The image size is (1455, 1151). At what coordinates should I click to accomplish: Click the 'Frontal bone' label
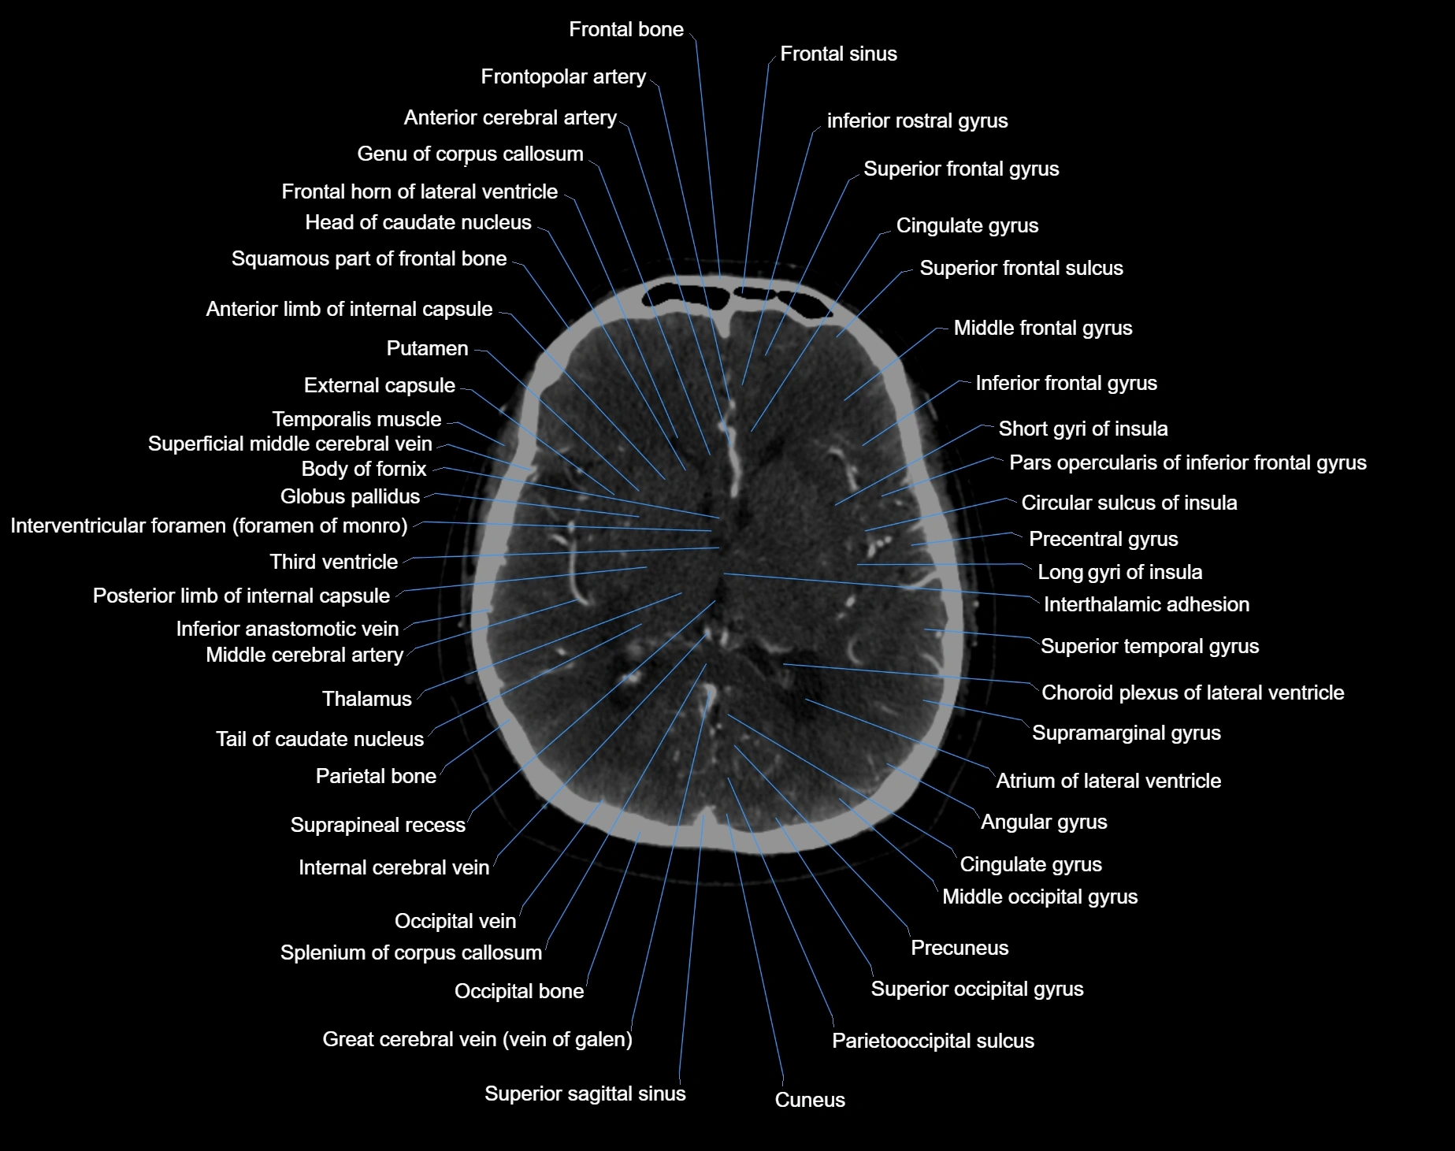[626, 29]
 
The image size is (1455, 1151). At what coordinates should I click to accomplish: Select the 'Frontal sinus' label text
[838, 54]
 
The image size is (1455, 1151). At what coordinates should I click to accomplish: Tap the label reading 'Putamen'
[427, 348]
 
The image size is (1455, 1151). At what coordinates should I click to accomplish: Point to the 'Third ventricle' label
[334, 562]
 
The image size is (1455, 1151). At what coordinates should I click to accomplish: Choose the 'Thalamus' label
[367, 699]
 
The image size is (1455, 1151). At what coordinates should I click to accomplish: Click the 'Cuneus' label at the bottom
[810, 1100]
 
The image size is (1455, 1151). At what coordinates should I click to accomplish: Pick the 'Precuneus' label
[959, 948]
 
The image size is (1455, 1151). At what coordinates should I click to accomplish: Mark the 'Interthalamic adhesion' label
[1146, 604]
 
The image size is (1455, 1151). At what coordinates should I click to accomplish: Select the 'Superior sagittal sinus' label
[585, 1093]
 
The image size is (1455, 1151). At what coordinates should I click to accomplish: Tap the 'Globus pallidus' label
[351, 496]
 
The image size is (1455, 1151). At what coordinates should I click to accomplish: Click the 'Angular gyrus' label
[1044, 822]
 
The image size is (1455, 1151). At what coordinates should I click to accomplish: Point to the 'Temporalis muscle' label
[357, 419]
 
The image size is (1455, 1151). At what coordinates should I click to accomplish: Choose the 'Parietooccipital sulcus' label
[933, 1041]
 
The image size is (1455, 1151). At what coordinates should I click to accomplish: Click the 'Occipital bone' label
[519, 991]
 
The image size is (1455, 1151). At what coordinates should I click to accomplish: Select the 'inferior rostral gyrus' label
[918, 121]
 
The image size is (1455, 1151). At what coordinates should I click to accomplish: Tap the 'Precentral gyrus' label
[1104, 539]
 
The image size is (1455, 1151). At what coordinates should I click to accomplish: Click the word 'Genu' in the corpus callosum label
[379, 154]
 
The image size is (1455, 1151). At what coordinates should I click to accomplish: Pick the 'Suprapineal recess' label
[378, 825]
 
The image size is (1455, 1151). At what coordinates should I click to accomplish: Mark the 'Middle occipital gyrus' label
[1040, 897]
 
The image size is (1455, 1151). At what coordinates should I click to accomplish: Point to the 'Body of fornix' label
[364, 469]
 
